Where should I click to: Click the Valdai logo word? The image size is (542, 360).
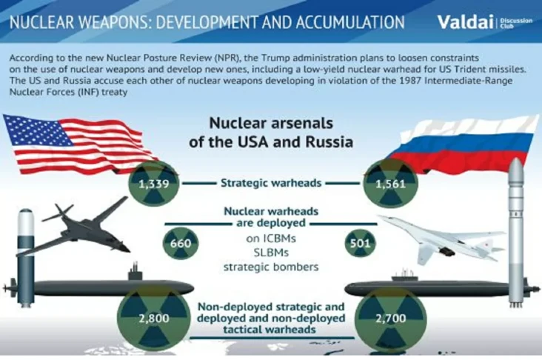pyautogui.click(x=465, y=21)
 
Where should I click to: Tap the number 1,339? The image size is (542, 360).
pyautogui.click(x=154, y=184)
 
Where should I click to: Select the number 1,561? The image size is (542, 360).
pyautogui.click(x=391, y=184)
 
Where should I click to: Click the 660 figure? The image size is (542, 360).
pyautogui.click(x=181, y=244)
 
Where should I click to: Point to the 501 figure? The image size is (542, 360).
pyautogui.click(x=360, y=244)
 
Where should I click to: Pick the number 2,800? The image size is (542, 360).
pyautogui.click(x=154, y=319)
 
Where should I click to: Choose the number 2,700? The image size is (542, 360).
pyautogui.click(x=391, y=319)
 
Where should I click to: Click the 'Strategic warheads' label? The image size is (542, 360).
pyautogui.click(x=271, y=183)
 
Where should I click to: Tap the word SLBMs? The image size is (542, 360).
pyautogui.click(x=271, y=253)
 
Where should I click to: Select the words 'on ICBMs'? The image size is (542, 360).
pyautogui.click(x=271, y=239)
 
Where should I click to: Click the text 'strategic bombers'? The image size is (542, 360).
pyautogui.click(x=271, y=267)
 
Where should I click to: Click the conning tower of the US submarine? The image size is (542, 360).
pyautogui.click(x=135, y=273)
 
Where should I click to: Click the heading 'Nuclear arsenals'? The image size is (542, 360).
pyautogui.click(x=271, y=123)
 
